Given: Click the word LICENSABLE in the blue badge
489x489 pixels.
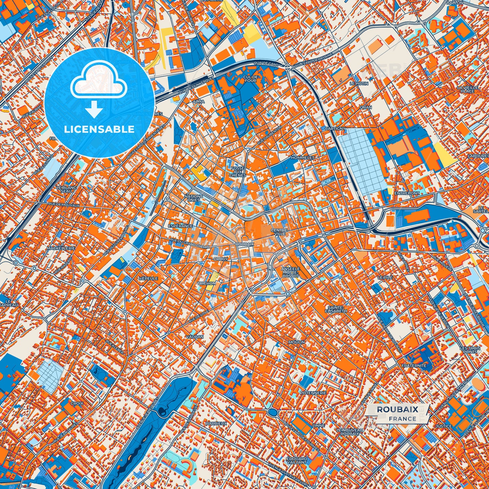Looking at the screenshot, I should coord(99,129).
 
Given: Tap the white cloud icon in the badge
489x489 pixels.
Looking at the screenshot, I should coord(98,83).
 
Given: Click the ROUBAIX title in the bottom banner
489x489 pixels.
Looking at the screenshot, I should coord(397,409).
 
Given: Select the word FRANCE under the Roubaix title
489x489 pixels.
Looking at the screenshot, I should coord(402,419).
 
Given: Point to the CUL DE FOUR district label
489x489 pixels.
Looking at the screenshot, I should coord(250,79).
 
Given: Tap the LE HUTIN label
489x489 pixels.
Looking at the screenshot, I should coord(359,83).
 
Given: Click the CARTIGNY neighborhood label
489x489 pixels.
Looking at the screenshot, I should coord(335,129).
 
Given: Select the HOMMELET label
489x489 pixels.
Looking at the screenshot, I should coord(303,158).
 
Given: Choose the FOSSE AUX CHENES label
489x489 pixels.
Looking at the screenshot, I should coord(238,172).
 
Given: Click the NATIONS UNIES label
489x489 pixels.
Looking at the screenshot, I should coord(194,198).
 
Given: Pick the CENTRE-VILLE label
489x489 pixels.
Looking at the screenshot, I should coord(279,232).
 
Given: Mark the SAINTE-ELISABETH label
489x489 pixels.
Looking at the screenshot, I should coord(336,309).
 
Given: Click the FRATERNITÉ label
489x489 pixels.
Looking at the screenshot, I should coord(414,366).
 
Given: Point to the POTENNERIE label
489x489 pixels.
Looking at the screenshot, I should coord(313,393).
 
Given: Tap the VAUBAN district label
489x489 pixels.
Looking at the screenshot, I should coord(195,337).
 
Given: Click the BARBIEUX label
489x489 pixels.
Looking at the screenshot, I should coord(216,423).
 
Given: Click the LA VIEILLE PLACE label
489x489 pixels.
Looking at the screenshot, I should coord(467,89).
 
